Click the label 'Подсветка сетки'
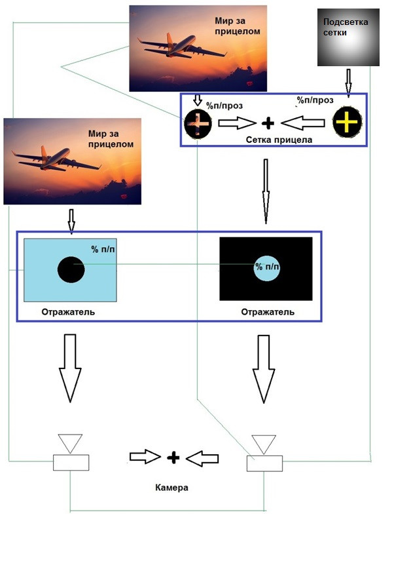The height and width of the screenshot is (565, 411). (346, 26)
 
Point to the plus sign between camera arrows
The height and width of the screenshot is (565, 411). (173, 458)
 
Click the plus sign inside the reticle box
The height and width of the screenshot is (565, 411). (267, 123)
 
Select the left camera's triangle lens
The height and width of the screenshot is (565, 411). (69, 442)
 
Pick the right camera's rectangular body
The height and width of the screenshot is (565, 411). (265, 463)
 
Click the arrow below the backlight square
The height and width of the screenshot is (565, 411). (348, 82)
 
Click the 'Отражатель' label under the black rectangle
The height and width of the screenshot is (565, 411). (268, 312)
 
